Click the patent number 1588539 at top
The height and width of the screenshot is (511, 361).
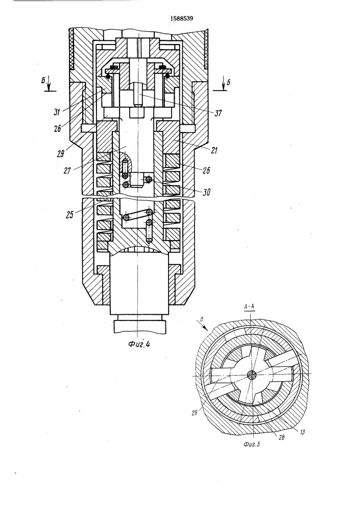tap(182, 18)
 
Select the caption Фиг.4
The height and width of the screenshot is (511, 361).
tap(139, 344)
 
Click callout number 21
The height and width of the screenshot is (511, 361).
tap(214, 151)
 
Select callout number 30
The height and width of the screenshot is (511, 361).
tap(206, 193)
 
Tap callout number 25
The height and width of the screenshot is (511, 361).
tap(69, 215)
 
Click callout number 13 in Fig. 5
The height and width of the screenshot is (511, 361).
tap(302, 432)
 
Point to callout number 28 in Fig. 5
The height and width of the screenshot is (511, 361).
tap(281, 438)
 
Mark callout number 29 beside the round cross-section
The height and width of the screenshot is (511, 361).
tap(195, 412)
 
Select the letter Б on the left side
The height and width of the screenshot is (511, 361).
tap(43, 81)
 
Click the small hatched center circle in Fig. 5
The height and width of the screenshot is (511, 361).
tap(251, 375)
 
